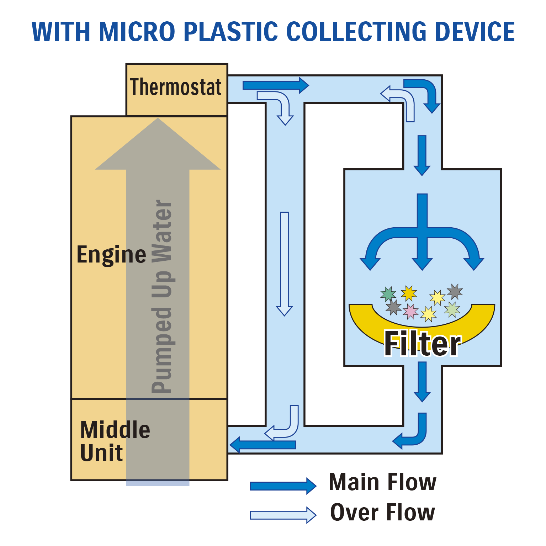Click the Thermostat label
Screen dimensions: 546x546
pyautogui.click(x=176, y=88)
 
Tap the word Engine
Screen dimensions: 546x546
pyautogui.click(x=111, y=255)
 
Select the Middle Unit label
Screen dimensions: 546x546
pyautogui.click(x=115, y=441)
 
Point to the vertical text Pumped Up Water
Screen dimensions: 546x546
pyautogui.click(x=162, y=296)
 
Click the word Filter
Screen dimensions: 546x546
pyautogui.click(x=423, y=344)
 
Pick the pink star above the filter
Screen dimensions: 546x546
pyautogui.click(x=410, y=311)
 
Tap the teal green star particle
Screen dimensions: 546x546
pyautogui.click(x=388, y=294)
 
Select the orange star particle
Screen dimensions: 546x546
pyautogui.click(x=409, y=293)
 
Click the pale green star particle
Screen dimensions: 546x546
pyautogui.click(x=452, y=309)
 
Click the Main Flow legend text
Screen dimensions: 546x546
pyautogui.click(x=382, y=482)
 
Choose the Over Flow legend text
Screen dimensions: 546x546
pyautogui.click(x=382, y=513)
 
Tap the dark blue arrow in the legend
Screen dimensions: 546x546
pyautogui.click(x=283, y=486)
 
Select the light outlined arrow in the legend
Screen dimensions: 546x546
pyautogui.click(x=283, y=515)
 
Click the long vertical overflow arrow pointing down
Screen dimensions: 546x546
pyautogui.click(x=284, y=263)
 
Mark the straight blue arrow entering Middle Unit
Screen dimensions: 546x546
pyautogui.click(x=263, y=445)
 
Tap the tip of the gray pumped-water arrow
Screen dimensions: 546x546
pyautogui.click(x=158, y=123)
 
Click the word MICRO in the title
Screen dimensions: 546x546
pyautogui.click(x=138, y=32)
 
